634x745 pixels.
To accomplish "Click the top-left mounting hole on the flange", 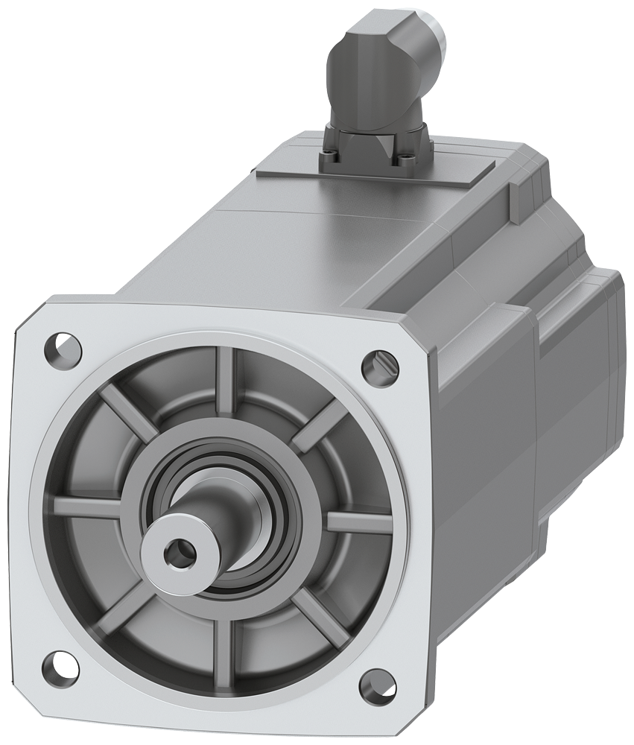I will (64, 347).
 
